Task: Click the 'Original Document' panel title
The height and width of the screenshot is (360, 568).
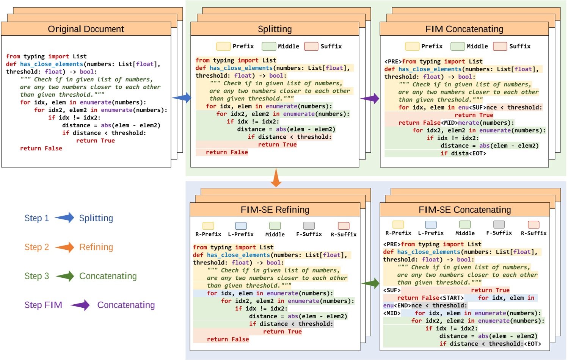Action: tap(86, 29)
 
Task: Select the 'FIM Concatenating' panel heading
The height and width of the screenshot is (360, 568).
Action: tap(464, 29)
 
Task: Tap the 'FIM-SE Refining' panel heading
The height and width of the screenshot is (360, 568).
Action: tap(275, 210)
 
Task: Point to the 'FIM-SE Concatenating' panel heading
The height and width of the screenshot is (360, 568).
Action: tap(464, 210)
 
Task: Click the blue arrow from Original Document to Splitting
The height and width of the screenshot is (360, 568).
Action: tap(182, 98)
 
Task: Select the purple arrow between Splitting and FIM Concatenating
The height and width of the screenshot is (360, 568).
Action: tap(370, 99)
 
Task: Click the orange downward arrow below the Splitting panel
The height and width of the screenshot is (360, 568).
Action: tap(276, 178)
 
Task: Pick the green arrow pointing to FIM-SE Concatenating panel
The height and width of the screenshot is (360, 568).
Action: tap(370, 283)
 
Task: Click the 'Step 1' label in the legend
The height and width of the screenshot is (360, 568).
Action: tap(37, 218)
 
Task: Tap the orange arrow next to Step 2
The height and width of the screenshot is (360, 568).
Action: tap(64, 247)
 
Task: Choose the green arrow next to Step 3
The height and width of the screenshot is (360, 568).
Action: tap(65, 276)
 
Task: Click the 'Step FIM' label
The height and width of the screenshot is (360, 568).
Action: tap(43, 305)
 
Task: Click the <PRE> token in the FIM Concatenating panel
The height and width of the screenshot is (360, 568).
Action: tap(393, 62)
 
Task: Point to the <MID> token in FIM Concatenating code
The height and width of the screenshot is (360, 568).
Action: tap(449, 123)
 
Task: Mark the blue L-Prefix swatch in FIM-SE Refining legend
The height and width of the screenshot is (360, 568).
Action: tap(241, 226)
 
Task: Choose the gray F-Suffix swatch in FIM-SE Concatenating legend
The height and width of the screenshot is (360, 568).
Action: tap(499, 224)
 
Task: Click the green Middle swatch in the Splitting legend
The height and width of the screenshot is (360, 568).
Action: tap(269, 46)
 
